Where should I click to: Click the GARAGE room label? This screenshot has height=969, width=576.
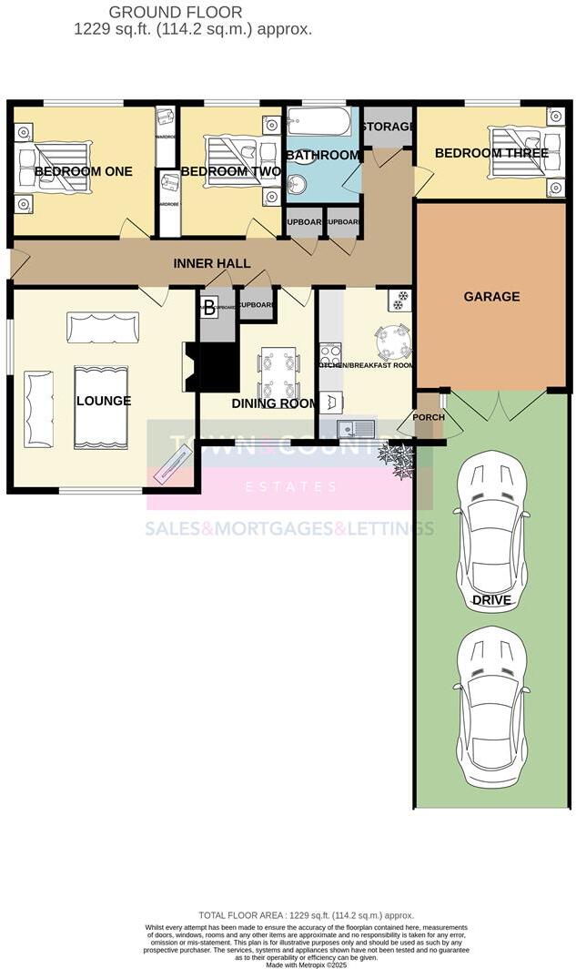(491, 296)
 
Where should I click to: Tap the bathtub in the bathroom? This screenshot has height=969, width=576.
(318, 123)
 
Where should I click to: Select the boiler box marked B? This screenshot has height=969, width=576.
(208, 307)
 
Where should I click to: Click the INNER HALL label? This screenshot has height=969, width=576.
(212, 263)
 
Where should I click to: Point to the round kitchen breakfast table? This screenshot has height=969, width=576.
(394, 342)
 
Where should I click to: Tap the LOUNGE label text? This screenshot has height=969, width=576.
(104, 401)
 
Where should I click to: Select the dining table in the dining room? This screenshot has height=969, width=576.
(278, 372)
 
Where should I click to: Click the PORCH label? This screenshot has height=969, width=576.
(429, 418)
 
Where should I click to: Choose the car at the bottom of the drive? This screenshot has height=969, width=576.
(491, 706)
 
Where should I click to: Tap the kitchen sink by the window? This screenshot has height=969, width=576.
(356, 427)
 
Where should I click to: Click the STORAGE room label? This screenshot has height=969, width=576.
(387, 126)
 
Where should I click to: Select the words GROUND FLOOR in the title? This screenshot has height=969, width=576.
(176, 12)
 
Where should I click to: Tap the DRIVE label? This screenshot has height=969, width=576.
(491, 600)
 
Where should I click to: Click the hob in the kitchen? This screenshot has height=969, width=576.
(329, 352)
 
